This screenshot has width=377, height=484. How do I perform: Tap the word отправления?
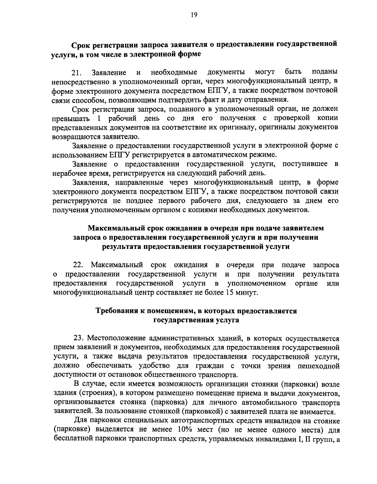(268, 100)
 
